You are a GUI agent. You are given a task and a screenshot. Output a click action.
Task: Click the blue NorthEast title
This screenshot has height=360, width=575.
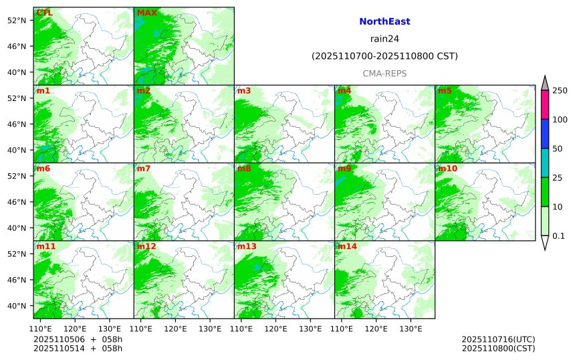pyautogui.click(x=384, y=21)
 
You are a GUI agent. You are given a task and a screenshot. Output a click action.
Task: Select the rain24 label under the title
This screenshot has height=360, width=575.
pyautogui.click(x=384, y=39)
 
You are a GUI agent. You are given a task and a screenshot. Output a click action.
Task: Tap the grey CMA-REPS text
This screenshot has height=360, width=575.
pyautogui.click(x=384, y=74)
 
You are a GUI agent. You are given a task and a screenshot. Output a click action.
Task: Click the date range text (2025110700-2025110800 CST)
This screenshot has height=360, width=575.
pyautogui.click(x=384, y=56)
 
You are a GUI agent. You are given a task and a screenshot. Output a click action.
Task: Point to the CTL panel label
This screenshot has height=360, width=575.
pyautogui.click(x=44, y=13)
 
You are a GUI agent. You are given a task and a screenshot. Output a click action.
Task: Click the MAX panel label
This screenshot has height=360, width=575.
pyautogui.click(x=146, y=13)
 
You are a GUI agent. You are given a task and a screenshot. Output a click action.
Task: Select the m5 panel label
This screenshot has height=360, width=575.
pyautogui.click(x=445, y=90)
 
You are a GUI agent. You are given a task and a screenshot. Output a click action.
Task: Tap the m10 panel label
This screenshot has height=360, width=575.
pyautogui.click(x=447, y=169)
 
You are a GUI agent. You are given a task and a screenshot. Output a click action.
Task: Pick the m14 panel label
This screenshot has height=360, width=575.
pyautogui.click(x=347, y=246)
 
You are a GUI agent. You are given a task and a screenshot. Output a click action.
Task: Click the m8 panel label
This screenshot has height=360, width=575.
pyautogui.click(x=244, y=169)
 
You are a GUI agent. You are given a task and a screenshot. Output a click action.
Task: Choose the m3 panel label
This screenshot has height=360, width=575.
pyautogui.click(x=244, y=90)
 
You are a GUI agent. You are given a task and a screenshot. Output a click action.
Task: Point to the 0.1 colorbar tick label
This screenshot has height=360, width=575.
pyautogui.click(x=558, y=236)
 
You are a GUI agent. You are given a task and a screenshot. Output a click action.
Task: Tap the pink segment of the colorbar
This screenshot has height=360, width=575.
pyautogui.click(x=545, y=104)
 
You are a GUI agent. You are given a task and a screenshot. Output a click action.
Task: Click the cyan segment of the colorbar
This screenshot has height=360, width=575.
pyautogui.click(x=545, y=163)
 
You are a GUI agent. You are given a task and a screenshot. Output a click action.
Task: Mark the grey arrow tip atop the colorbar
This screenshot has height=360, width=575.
pyautogui.click(x=545, y=82)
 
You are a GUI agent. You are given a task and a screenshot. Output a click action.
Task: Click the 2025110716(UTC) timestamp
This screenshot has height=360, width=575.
pyautogui.click(x=498, y=339)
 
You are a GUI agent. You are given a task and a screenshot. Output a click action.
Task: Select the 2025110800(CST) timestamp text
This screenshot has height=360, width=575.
pyautogui.click(x=498, y=348)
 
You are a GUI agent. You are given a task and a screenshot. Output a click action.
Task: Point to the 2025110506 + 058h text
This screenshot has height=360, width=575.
pyautogui.click(x=78, y=339)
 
